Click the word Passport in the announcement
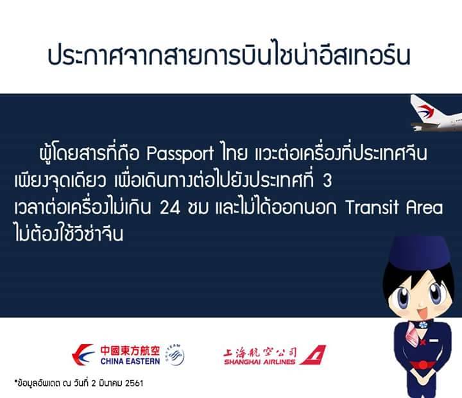[x=180, y=153]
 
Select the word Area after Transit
[x=425, y=207]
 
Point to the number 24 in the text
[x=170, y=208]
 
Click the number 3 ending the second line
[x=327, y=180]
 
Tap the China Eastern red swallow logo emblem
[x=83, y=354]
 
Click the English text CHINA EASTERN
[x=130, y=361]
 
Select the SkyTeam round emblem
[x=175, y=354]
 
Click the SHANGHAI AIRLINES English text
[x=260, y=362]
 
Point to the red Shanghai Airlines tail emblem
[x=314, y=354]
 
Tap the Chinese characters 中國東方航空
[x=130, y=350]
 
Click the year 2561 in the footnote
[x=134, y=383]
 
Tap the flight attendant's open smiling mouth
[x=422, y=313]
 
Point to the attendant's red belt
[x=423, y=366]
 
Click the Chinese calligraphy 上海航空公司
[x=260, y=352]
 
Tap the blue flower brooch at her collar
[x=423, y=325]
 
